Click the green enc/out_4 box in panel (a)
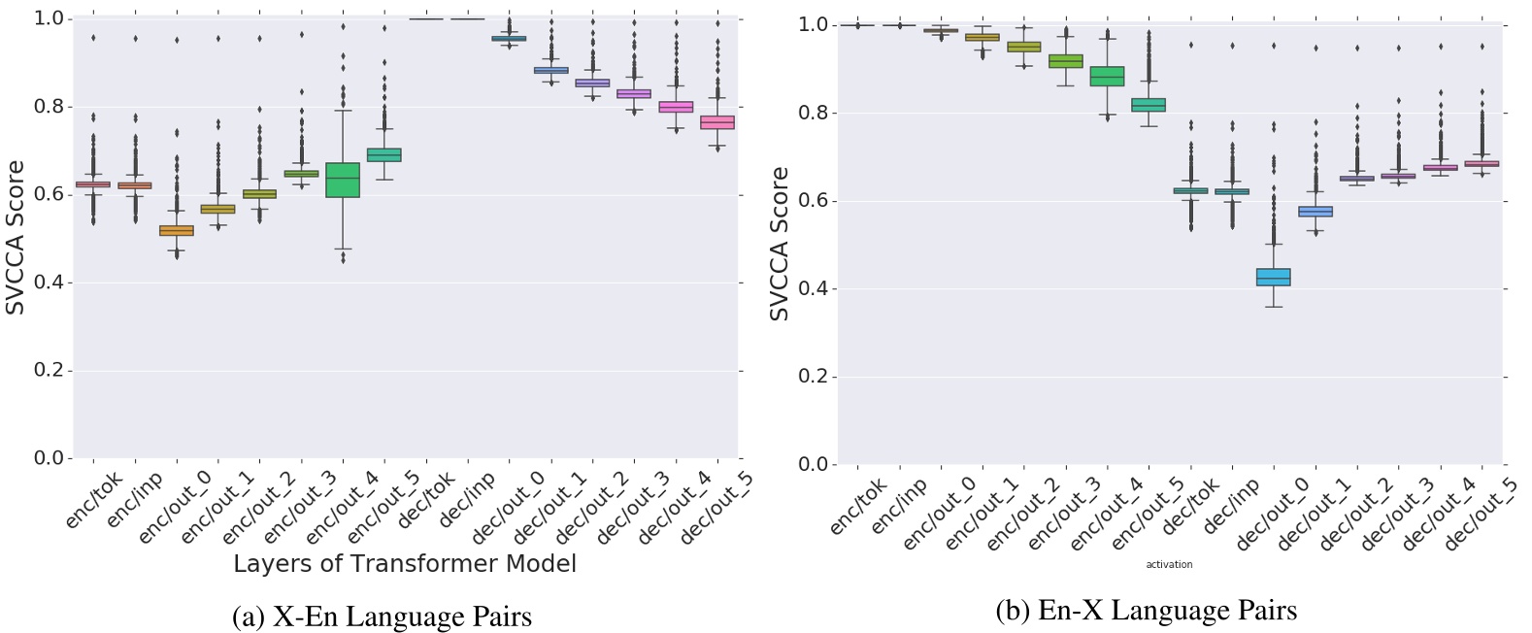tap(343, 180)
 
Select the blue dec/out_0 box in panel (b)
tap(1274, 277)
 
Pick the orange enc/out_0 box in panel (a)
tap(177, 230)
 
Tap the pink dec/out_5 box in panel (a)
tap(717, 122)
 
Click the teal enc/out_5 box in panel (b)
tap(1149, 105)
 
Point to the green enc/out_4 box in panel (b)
tap(1108, 77)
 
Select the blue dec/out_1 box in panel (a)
tap(551, 70)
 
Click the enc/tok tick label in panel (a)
tap(95, 501)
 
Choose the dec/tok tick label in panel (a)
tap(427, 501)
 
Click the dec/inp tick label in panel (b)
tap(1231, 505)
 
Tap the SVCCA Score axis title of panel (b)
tap(780, 244)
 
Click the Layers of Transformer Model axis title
tap(405, 564)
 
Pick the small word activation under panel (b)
tap(1169, 564)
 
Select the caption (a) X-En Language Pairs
tap(383, 616)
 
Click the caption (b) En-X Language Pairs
tap(1147, 611)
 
